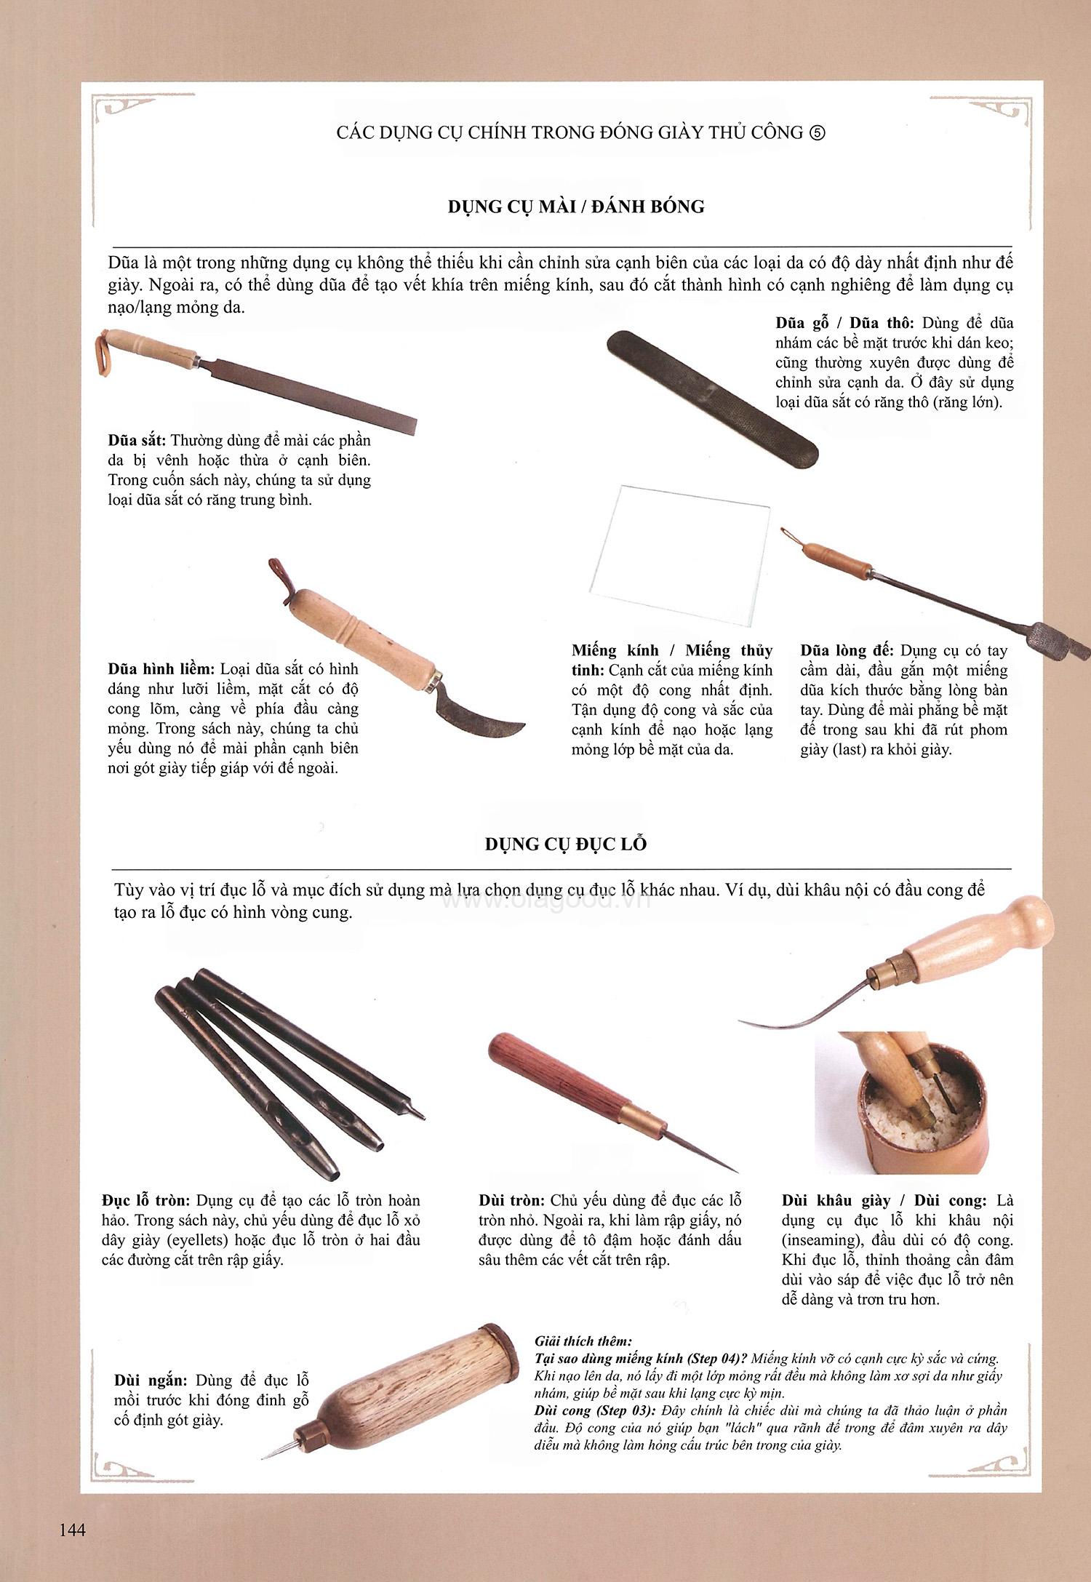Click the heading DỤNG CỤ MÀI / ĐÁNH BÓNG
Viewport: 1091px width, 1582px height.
pos(576,207)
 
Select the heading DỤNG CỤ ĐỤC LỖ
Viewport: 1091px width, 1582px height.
pos(566,844)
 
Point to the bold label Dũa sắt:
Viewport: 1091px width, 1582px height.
pos(137,441)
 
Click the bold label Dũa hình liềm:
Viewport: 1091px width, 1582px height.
pos(161,668)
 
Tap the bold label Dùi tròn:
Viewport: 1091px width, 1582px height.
pos(511,1201)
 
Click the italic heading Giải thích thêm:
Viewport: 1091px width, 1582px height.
pos(583,1341)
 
